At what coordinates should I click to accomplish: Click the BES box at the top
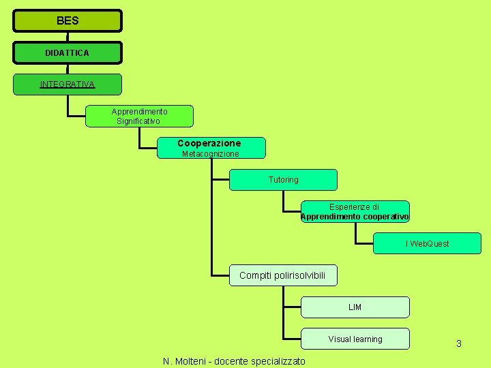pyautogui.click(x=68, y=21)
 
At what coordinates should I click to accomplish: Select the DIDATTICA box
pyautogui.click(x=68, y=52)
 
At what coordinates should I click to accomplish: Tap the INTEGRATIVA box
pyautogui.click(x=68, y=85)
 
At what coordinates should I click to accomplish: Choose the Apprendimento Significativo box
pyautogui.click(x=139, y=116)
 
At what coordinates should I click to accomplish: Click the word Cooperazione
pyautogui.click(x=209, y=143)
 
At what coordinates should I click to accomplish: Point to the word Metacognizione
pyautogui.click(x=211, y=154)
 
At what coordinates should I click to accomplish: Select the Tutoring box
pyautogui.click(x=283, y=180)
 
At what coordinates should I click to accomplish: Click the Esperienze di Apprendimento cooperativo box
pyautogui.click(x=355, y=211)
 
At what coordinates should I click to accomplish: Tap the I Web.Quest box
pyautogui.click(x=427, y=243)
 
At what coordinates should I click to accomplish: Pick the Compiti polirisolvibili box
pyautogui.click(x=283, y=275)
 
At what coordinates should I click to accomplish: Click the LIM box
pyautogui.click(x=355, y=307)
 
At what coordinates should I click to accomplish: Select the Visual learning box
pyautogui.click(x=355, y=339)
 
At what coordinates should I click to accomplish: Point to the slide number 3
pyautogui.click(x=459, y=343)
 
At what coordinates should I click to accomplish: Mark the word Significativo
pyautogui.click(x=138, y=121)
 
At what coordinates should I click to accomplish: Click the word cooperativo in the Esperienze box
pyautogui.click(x=385, y=217)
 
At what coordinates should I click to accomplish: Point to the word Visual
pyautogui.click(x=340, y=339)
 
